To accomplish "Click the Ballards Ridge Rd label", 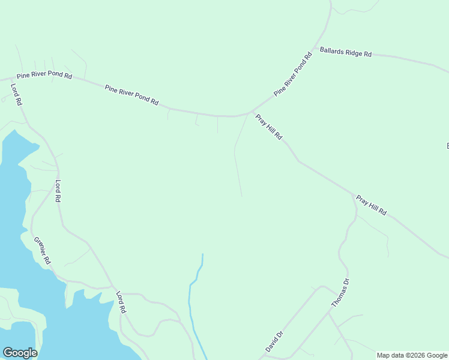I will point(346,52).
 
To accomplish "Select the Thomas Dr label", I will point(339,293).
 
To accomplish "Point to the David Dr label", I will point(274,341).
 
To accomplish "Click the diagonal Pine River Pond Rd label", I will point(293,74).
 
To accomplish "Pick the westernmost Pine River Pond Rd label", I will point(44,76).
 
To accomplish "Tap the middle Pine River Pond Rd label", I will point(131,95).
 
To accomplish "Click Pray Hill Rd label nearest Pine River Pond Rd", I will point(268,127).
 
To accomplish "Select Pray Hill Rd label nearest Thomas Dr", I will point(371,205).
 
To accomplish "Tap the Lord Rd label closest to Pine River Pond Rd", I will point(16,94).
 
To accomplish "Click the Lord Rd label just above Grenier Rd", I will point(58,191).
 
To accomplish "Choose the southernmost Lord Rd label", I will point(121,302).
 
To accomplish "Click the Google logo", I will point(20,353).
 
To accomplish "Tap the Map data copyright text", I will point(412,355).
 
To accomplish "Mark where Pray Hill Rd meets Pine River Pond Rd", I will point(250,112).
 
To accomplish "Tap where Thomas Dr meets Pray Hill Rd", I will point(353,194).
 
